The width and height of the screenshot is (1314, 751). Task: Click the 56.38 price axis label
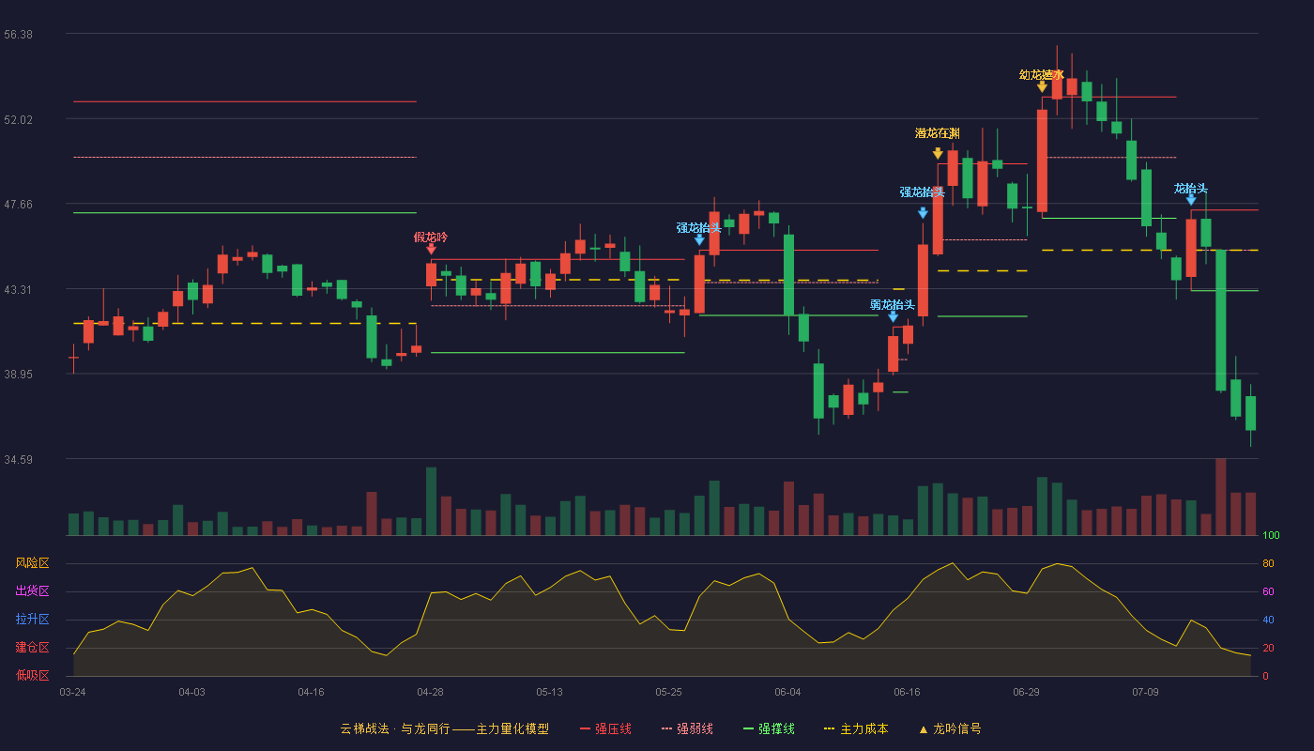pos(18,35)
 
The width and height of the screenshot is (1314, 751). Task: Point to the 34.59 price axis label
pos(18,459)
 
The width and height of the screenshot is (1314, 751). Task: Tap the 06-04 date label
pos(787,693)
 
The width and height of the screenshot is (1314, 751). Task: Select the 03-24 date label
pos(73,693)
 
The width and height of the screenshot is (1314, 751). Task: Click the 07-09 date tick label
pos(1145,693)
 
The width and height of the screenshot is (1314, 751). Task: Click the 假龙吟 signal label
pos(431,237)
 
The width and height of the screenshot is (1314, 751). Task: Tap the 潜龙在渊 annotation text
pos(938,133)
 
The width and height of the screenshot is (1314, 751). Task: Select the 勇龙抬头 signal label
pos(893,304)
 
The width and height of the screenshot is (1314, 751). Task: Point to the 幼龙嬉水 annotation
pos(1041,74)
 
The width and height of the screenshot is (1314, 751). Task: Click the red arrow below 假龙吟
pos(431,250)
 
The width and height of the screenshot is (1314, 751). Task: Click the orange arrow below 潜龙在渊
pos(938,153)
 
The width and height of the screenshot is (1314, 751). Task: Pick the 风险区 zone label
pos(32,563)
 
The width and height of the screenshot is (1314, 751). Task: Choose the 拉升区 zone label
pos(32,620)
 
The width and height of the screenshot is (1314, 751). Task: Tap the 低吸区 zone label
pos(32,676)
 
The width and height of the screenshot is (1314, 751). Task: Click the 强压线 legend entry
pos(605,728)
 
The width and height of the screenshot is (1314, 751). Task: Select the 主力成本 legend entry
pos(856,728)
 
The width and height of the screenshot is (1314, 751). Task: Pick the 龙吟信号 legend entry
pos(950,728)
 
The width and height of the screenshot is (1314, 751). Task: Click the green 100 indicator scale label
pos(1271,535)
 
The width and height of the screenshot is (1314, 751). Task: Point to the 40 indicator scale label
pos(1268,620)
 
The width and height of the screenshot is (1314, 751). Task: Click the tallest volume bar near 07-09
pos(1221,497)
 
